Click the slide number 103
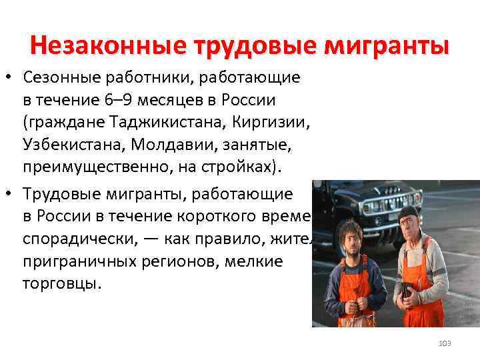tap(445, 343)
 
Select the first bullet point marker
tap(9, 79)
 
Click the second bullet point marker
tap(9, 193)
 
